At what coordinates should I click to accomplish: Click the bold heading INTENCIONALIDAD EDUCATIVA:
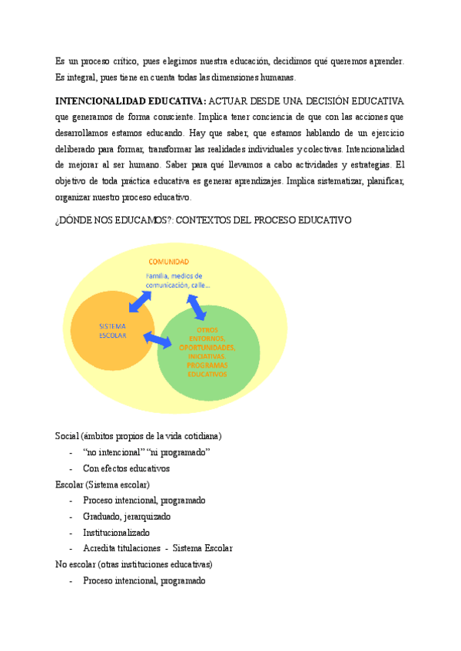point(130,101)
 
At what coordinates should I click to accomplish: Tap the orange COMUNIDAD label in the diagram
point(168,262)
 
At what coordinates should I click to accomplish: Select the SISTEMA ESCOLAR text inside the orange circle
point(112,331)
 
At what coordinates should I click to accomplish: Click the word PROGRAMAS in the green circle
point(207,365)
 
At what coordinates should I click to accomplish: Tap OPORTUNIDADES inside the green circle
point(207,348)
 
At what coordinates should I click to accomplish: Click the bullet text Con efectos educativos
point(126,468)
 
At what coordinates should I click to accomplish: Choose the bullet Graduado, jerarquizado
point(127,517)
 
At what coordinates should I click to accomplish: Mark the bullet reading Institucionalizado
point(116,533)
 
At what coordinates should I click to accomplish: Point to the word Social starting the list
point(67,436)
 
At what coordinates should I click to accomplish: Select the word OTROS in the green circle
point(207,330)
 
